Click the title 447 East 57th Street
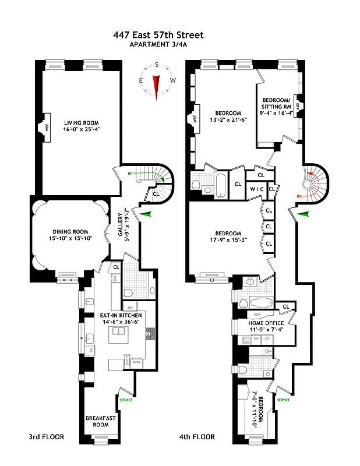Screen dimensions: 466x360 (158, 35)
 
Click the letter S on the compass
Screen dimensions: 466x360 (156, 65)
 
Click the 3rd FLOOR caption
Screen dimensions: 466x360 (47, 436)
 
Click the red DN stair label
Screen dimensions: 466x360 (300, 196)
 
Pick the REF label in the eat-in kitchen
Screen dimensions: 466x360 (129, 307)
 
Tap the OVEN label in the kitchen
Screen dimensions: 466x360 (137, 362)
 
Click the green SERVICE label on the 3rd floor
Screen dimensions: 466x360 (126, 400)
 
